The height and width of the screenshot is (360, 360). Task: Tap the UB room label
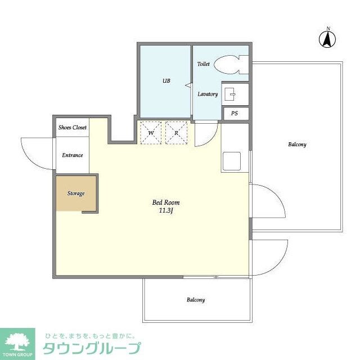pyautogui.click(x=166, y=81)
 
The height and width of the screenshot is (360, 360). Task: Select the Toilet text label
pyautogui.click(x=203, y=64)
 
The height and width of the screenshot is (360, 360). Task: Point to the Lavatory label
pyautogui.click(x=207, y=94)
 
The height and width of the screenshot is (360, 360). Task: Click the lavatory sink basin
pyautogui.click(x=231, y=93)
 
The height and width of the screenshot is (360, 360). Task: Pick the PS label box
pyautogui.click(x=235, y=113)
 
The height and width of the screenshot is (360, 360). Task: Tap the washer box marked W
pyautogui.click(x=151, y=133)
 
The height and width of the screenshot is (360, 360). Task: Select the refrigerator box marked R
pyautogui.click(x=176, y=133)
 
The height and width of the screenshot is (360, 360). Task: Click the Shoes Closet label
pyautogui.click(x=73, y=128)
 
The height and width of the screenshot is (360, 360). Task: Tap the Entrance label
pyautogui.click(x=73, y=155)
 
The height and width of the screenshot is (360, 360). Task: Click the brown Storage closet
pyautogui.click(x=75, y=193)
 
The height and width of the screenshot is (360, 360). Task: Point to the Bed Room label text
pyautogui.click(x=166, y=202)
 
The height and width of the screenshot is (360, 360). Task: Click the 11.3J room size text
pyautogui.click(x=166, y=211)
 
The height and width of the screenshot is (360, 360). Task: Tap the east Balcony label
pyautogui.click(x=297, y=145)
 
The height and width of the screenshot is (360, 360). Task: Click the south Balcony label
pyautogui.click(x=196, y=300)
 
